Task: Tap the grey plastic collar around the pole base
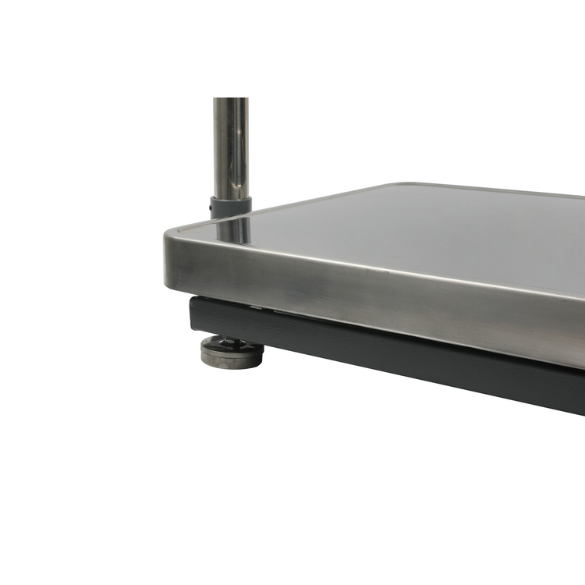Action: point(231,207)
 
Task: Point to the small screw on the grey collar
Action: point(212,209)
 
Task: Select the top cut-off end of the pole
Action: point(231,100)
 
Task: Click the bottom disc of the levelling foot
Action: point(232,361)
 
